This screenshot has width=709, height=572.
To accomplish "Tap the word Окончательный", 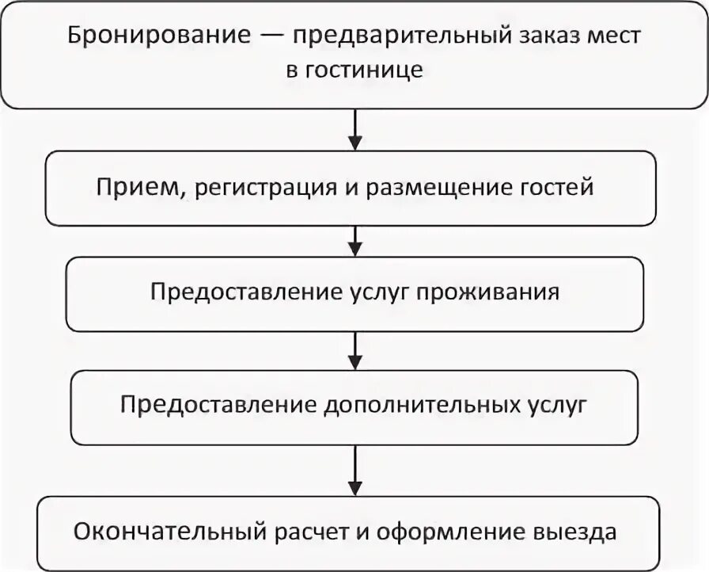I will pos(159,530).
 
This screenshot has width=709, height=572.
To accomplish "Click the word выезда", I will pos(575,530).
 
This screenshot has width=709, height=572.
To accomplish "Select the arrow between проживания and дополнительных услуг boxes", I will pos(355,349).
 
